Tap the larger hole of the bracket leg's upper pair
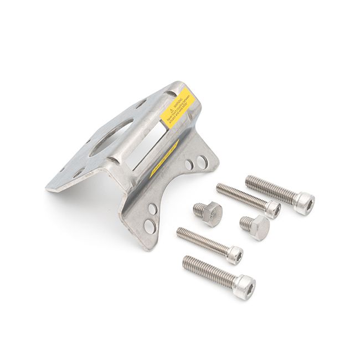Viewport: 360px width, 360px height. coord(203,162)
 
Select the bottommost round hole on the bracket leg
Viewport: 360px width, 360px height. coord(150,225)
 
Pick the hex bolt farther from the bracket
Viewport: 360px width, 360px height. coord(255,225)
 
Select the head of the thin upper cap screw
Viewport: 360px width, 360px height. coord(272,209)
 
